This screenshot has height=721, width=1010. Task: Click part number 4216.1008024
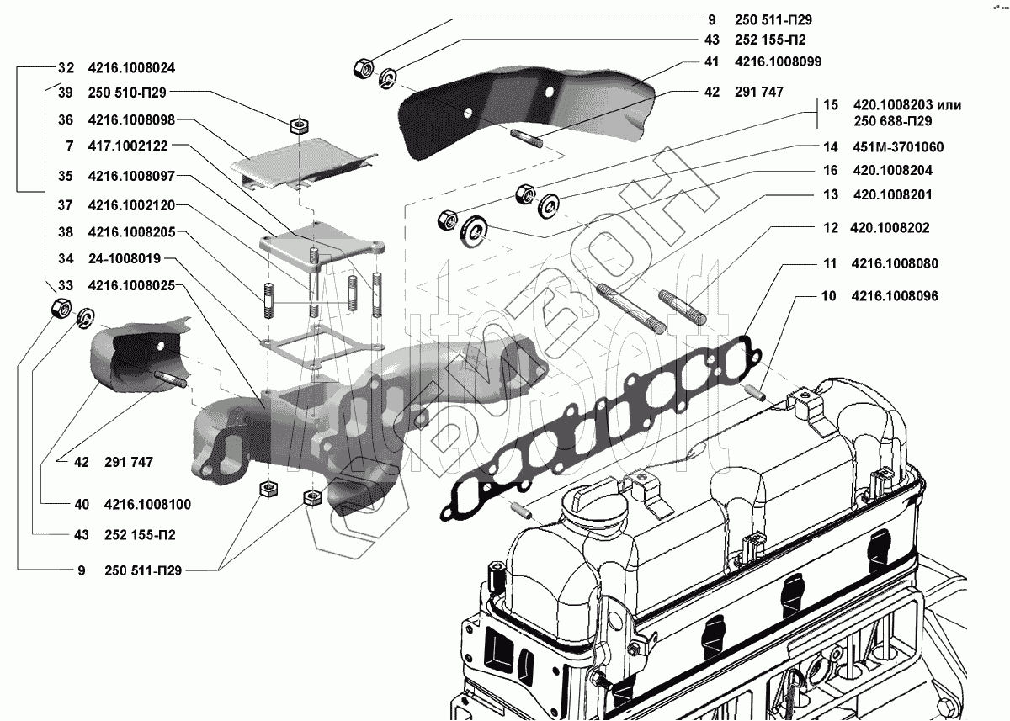(131, 68)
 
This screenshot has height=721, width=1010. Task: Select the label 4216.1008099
(779, 61)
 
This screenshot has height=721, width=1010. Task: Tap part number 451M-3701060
(898, 147)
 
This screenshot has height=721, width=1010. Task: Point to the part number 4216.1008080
(895, 263)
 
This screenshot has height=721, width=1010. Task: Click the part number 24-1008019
(125, 258)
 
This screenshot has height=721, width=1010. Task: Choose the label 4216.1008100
(148, 504)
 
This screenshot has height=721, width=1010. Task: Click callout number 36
(66, 119)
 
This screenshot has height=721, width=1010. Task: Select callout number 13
(831, 194)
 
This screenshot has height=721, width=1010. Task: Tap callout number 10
(829, 296)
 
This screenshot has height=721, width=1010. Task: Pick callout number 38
(66, 232)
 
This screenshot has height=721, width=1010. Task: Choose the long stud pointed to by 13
(631, 309)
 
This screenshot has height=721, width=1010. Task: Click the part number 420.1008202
(890, 228)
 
